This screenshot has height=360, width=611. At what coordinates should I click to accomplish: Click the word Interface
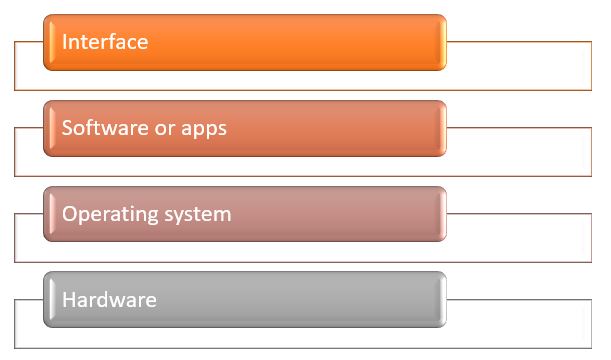pos(105,42)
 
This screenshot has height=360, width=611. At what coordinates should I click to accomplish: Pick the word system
pos(194,215)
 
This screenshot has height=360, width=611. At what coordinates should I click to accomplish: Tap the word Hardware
pos(109,300)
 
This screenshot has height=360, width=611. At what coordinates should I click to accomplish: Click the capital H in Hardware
pos(68,300)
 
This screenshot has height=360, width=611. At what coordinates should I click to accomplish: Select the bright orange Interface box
pos(300,42)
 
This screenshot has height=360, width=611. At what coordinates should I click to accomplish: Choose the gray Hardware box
pos(300,300)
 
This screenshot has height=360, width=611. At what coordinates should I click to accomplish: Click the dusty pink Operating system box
pos(320,214)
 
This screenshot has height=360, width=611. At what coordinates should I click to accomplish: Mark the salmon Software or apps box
pos(320,128)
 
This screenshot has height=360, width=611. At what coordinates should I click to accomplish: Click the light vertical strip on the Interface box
pos(49,42)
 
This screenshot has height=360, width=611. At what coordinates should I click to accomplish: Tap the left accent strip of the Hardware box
pos(49,300)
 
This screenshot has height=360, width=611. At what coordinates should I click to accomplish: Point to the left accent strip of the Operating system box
pos(49,214)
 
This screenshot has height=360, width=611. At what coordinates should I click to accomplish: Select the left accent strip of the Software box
pos(49,128)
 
